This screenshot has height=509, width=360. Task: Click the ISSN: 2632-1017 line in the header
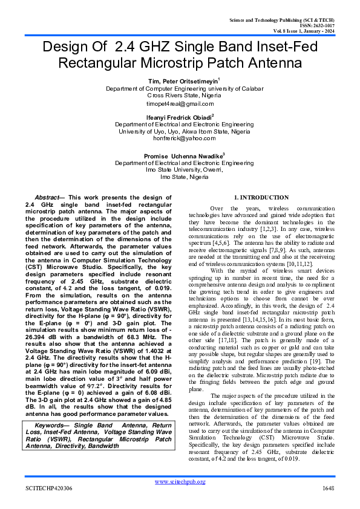(x=317, y=26)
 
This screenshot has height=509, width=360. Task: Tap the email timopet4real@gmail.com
(x=180, y=103)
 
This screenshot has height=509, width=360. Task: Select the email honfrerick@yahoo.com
(x=180, y=138)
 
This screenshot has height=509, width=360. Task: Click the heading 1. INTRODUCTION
(x=261, y=198)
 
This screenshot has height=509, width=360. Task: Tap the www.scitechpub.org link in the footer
(x=180, y=481)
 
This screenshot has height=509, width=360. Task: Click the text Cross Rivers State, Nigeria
(x=180, y=96)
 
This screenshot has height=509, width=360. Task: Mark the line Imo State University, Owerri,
(x=180, y=170)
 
